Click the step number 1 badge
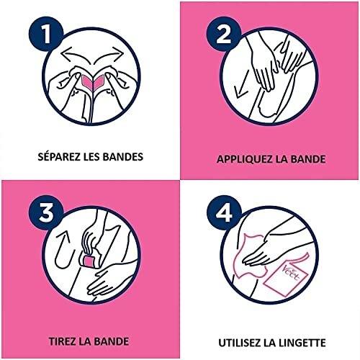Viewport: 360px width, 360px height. (46, 34)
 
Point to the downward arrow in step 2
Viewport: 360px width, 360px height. (241, 87)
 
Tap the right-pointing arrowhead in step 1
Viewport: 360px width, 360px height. (117, 53)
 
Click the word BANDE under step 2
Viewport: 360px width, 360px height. (308, 159)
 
